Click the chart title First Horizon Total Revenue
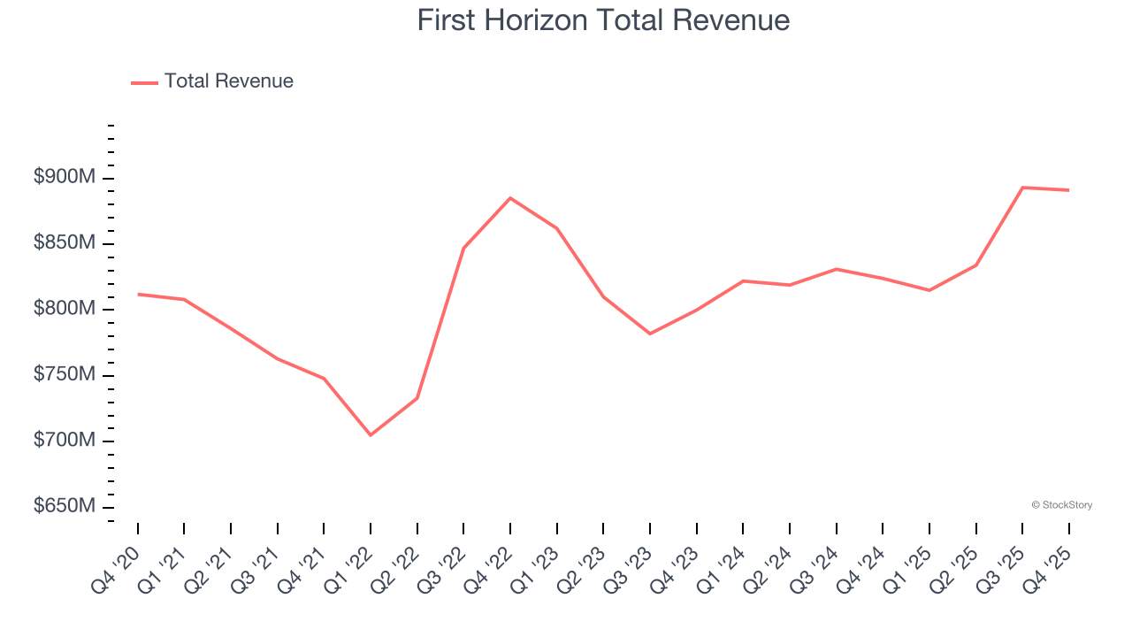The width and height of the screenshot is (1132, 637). click(x=603, y=19)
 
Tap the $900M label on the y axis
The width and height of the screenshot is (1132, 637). click(x=64, y=178)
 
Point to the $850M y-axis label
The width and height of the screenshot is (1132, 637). click(x=64, y=243)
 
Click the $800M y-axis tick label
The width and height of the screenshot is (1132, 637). click(x=64, y=309)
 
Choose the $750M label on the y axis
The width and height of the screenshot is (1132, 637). click(x=64, y=375)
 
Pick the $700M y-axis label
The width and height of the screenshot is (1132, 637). click(x=64, y=441)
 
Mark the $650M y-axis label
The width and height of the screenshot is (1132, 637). click(x=64, y=506)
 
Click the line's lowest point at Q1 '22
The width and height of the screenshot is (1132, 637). click(x=371, y=434)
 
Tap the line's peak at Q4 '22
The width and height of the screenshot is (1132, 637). click(x=510, y=198)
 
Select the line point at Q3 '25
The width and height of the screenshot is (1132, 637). click(x=1022, y=188)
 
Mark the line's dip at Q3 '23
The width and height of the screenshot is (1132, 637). click(x=650, y=334)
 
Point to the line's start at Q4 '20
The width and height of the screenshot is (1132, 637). click(x=138, y=294)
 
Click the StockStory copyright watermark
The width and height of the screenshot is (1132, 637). click(x=1061, y=505)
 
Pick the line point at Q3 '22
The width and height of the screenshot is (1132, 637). click(x=463, y=248)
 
